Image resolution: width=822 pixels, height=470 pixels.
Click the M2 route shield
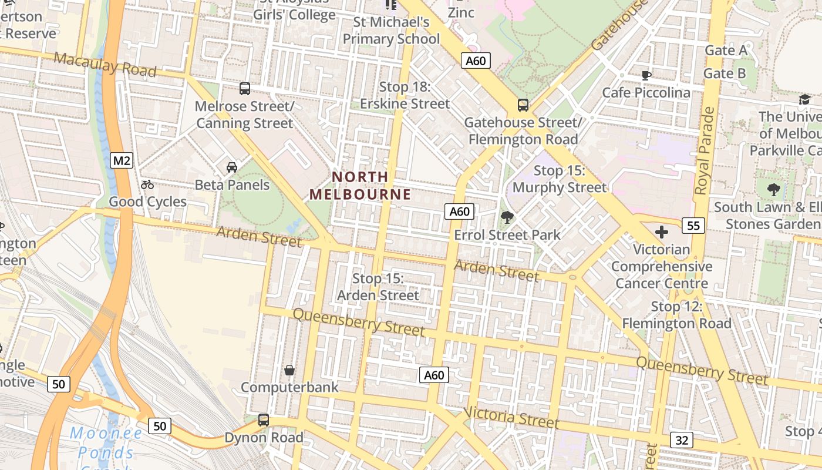121,160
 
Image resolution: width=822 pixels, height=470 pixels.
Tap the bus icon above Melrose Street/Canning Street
245,89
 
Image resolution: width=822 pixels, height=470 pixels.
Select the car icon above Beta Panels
232,167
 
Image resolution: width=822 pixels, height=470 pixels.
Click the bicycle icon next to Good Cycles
147,184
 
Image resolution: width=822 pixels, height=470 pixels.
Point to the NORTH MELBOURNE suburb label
360,185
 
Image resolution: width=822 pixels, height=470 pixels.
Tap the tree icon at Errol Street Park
507,217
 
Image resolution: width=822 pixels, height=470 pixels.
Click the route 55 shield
693,225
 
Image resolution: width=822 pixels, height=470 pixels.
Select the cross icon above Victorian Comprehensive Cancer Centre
662,231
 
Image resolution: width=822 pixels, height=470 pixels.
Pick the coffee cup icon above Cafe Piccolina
646,75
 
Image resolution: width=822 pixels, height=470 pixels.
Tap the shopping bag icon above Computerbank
289,370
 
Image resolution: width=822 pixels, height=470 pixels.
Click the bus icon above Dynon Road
264,420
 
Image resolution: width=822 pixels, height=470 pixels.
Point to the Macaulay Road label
105,64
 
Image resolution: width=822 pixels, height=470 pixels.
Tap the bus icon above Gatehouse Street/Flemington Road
523,105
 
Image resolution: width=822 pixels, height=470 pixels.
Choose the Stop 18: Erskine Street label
405,95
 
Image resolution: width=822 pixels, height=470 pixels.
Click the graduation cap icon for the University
804,99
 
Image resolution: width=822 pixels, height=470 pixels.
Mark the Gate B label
725,73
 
